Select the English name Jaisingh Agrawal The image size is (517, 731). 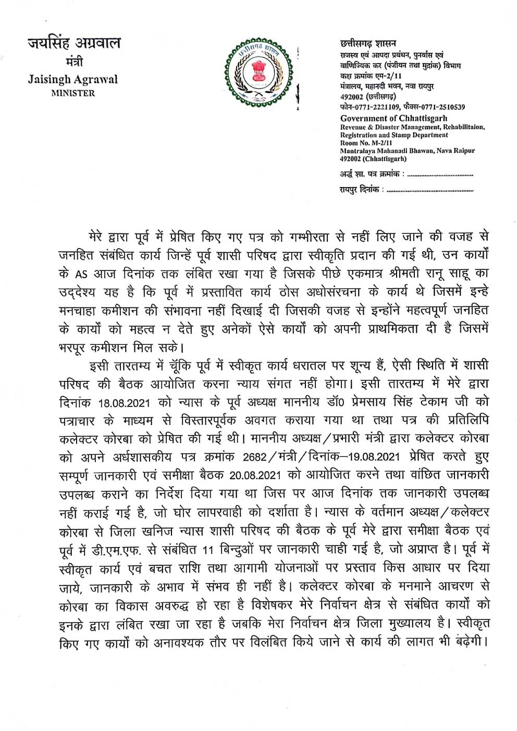click(72, 80)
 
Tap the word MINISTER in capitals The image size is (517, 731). click(72, 94)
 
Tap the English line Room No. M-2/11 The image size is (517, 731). click(364, 143)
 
